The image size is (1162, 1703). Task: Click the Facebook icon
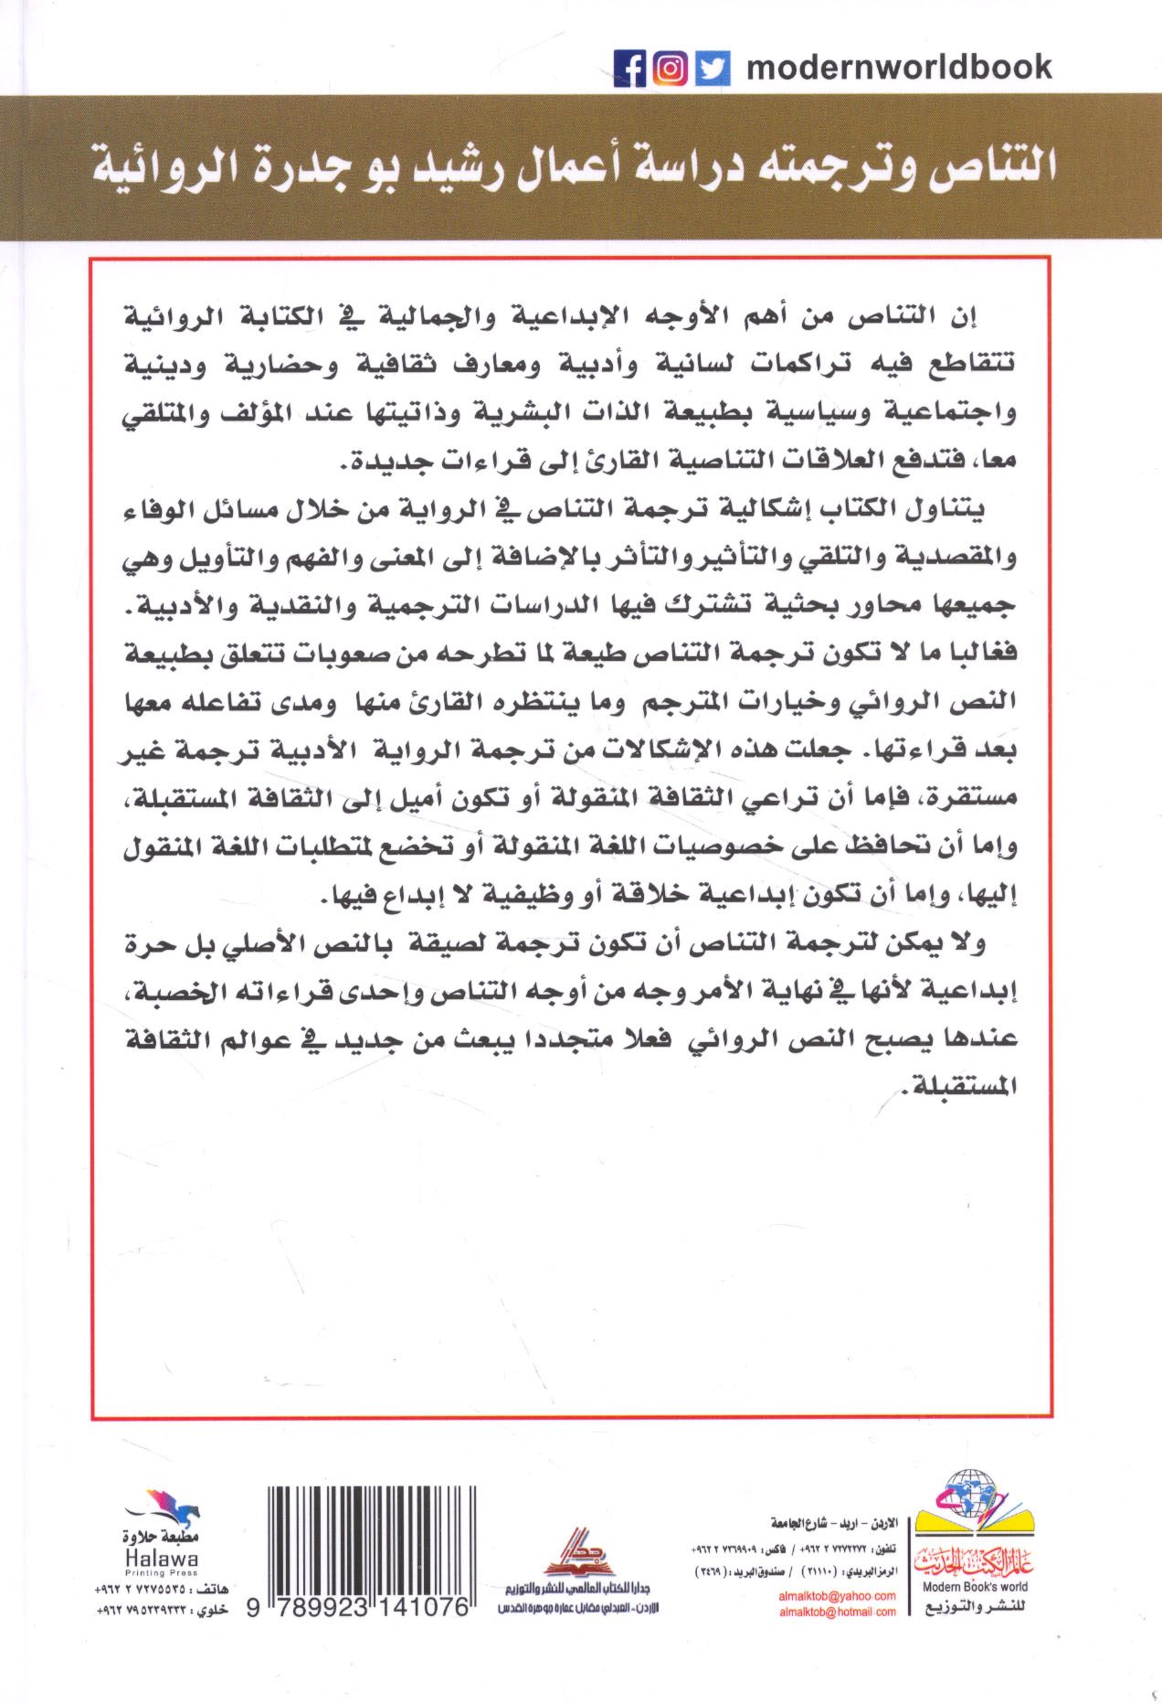[630, 69]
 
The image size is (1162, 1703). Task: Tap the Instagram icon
[671, 69]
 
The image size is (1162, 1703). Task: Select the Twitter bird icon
[713, 69]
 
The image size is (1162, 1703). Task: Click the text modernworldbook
[899, 68]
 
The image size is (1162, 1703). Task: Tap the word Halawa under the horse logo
[161, 1559]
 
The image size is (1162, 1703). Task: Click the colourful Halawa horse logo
[167, 1506]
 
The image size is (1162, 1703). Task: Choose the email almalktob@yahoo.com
[837, 1596]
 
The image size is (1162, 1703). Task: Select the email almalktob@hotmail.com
[837, 1613]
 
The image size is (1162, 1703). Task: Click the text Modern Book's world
[975, 1587]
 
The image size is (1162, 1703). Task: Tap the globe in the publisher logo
[968, 1495]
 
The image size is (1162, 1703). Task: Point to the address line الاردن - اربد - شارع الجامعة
[834, 1523]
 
